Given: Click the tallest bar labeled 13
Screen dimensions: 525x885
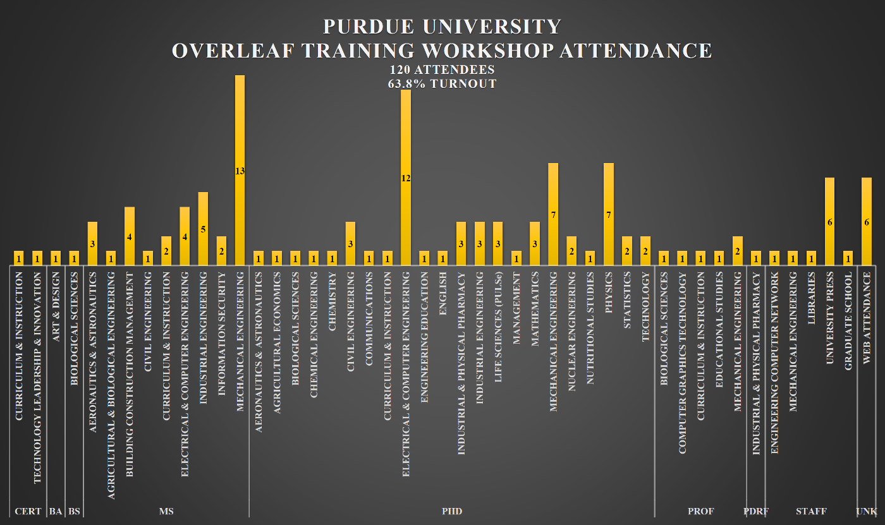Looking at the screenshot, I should [x=240, y=171].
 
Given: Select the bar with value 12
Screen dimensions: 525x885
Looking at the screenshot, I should [x=406, y=178].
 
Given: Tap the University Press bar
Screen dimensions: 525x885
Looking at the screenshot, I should [x=830, y=222].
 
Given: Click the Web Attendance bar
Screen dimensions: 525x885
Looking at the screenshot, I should [x=867, y=222].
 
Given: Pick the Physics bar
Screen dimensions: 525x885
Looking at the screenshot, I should [x=609, y=214].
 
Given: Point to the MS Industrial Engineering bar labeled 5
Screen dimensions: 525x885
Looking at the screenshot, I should [x=203, y=229].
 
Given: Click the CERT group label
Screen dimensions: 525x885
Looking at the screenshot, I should [x=28, y=511].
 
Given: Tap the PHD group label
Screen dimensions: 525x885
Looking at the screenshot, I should [x=452, y=511].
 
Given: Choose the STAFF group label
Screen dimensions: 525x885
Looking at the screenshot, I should [x=811, y=511].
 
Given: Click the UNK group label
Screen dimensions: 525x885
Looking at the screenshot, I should [x=867, y=511].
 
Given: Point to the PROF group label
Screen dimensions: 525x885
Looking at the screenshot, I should [x=700, y=511].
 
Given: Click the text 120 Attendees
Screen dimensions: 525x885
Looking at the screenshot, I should [x=442, y=69].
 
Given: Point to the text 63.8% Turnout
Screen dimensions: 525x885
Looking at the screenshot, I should [x=442, y=83].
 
